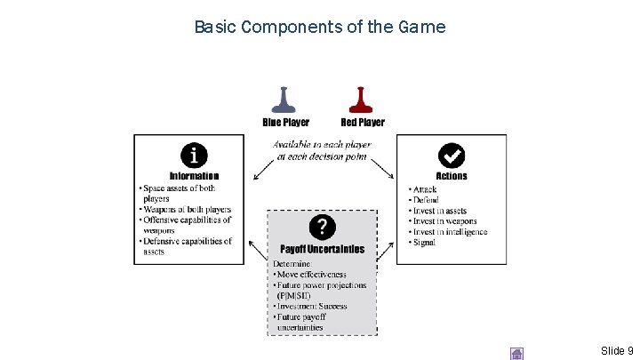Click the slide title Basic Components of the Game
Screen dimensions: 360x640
click(320, 27)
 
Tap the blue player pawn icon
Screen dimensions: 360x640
click(284, 99)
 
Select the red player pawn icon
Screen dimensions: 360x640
click(360, 99)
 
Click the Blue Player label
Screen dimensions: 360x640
click(286, 122)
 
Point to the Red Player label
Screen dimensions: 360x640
click(363, 122)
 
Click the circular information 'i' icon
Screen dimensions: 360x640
click(194, 156)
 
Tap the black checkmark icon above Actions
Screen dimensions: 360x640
click(452, 156)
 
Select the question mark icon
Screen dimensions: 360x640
click(322, 227)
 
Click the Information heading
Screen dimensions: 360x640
click(194, 176)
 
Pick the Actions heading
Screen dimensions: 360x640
click(452, 176)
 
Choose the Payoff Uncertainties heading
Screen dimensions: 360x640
click(322, 249)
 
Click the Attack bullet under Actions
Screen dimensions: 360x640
click(425, 189)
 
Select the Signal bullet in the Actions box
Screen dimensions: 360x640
click(424, 243)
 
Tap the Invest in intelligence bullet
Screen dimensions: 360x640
click(450, 232)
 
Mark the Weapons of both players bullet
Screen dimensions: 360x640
click(188, 210)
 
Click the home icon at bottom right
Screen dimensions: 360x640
click(516, 353)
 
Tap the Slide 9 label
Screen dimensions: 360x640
click(617, 351)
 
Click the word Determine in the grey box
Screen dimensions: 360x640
click(292, 263)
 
